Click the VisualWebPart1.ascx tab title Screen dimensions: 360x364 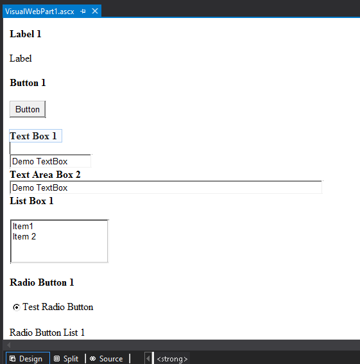click(x=39, y=12)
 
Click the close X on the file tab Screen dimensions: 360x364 click(x=95, y=11)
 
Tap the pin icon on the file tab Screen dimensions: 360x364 click(x=83, y=11)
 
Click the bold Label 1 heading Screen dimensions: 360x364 click(x=26, y=34)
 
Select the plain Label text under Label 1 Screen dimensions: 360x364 click(x=21, y=58)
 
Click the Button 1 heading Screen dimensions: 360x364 click(x=28, y=83)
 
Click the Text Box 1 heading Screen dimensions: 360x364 click(x=33, y=136)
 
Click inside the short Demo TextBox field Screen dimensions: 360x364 click(x=50, y=161)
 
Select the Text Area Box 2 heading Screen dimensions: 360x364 click(x=45, y=175)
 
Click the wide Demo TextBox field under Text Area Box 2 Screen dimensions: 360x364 click(x=166, y=187)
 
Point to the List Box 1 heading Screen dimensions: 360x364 click(x=31, y=201)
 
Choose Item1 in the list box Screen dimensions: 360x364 click(x=23, y=226)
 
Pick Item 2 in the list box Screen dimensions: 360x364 click(x=24, y=236)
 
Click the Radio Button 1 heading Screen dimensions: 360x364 click(x=42, y=282)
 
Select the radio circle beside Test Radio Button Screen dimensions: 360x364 click(x=16, y=308)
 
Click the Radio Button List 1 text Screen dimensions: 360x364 click(x=47, y=333)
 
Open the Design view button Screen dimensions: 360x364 click(x=28, y=359)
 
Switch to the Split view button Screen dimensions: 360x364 click(x=66, y=359)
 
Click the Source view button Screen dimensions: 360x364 click(x=107, y=359)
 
